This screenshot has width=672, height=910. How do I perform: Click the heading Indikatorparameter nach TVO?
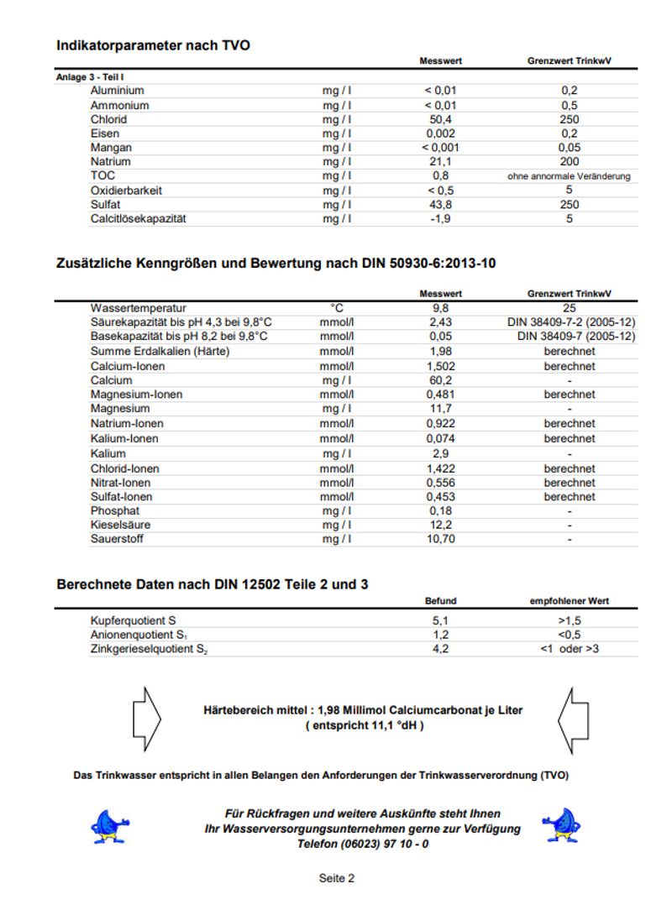click(x=153, y=45)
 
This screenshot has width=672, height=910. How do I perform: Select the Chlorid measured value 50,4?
click(x=440, y=119)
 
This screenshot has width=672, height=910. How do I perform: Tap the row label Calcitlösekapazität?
click(x=138, y=219)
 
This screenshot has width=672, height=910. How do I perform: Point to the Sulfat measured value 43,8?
click(x=440, y=205)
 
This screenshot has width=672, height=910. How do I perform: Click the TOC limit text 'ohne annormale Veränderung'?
click(x=569, y=176)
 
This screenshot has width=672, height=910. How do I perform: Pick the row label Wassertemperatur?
click(x=139, y=308)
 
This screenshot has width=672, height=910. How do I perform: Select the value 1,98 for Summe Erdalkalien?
click(x=440, y=351)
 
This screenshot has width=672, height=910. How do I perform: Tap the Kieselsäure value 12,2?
click(x=440, y=525)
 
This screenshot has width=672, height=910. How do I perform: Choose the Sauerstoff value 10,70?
click(x=440, y=539)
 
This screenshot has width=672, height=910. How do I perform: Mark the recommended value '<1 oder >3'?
click(x=569, y=649)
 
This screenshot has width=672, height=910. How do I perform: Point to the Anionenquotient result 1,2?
click(x=440, y=635)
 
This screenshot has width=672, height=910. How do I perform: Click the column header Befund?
click(x=440, y=601)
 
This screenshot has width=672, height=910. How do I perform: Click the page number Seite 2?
click(x=337, y=878)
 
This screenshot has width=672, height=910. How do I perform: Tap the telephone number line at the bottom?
click(x=363, y=844)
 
